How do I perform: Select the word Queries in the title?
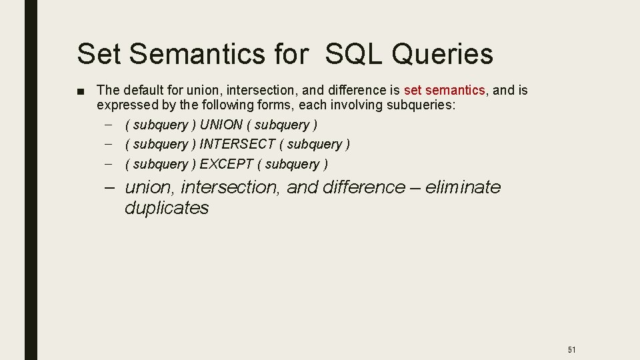[442, 54]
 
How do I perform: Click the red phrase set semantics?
[444, 90]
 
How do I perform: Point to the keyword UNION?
[221, 125]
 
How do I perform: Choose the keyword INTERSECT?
[237, 144]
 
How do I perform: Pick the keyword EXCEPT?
[227, 164]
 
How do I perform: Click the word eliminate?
[463, 187]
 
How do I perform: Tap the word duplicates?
[167, 208]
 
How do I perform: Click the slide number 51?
[571, 349]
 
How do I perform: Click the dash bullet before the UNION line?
[109, 125]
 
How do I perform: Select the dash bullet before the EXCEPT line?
[109, 164]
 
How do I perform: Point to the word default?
[141, 90]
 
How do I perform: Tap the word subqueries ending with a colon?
[425, 105]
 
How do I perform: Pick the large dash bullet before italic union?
[112, 187]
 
